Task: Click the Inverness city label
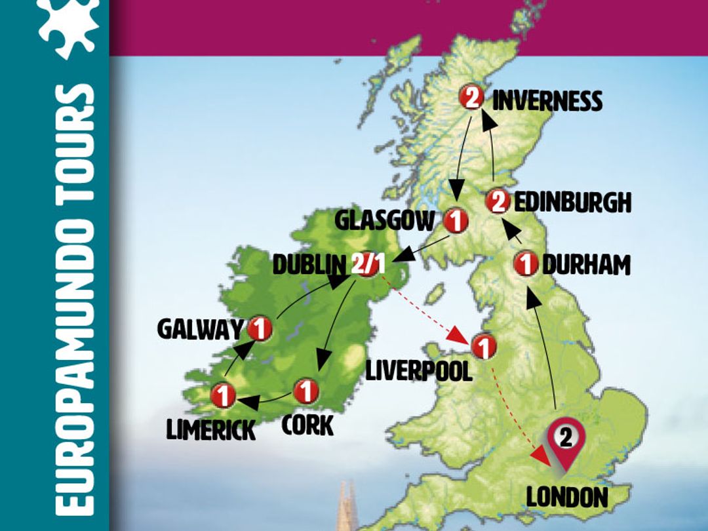click(547, 101)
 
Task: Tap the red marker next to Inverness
click(472, 98)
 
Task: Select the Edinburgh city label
click(572, 203)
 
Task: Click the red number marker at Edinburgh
click(498, 202)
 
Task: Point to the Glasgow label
click(384, 220)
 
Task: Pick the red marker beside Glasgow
click(455, 220)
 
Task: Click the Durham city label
click(586, 265)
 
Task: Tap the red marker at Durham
click(525, 264)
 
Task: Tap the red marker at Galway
click(260, 328)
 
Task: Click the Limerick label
click(210, 430)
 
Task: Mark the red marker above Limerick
click(223, 396)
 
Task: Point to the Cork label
click(307, 424)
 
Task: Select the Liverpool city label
click(419, 371)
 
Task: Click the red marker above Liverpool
click(482, 346)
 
